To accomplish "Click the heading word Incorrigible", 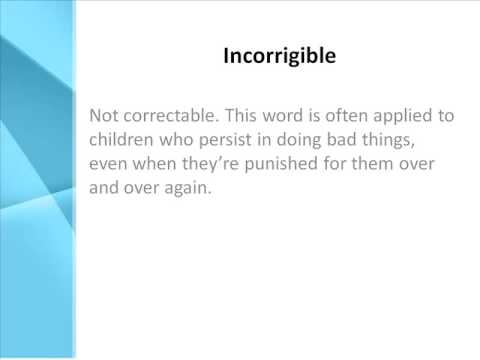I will tap(279, 56).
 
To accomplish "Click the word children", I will tap(123, 140).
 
